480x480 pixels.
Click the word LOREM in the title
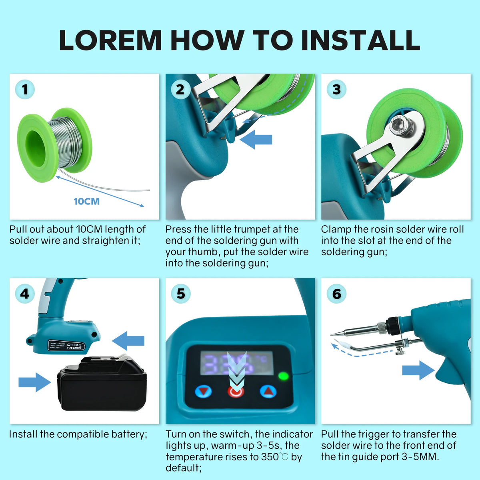click(110, 40)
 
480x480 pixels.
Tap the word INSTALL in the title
click(360, 40)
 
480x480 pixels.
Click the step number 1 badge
click(25, 89)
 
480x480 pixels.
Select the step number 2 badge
click(180, 89)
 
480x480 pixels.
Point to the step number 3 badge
click(336, 89)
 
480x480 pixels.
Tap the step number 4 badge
click(25, 294)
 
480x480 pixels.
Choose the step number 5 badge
click(180, 294)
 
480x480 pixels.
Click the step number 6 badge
click(336, 294)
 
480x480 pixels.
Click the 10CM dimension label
click(86, 201)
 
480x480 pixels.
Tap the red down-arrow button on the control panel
click(204, 391)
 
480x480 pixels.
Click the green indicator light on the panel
click(283, 376)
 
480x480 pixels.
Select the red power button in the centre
click(236, 391)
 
